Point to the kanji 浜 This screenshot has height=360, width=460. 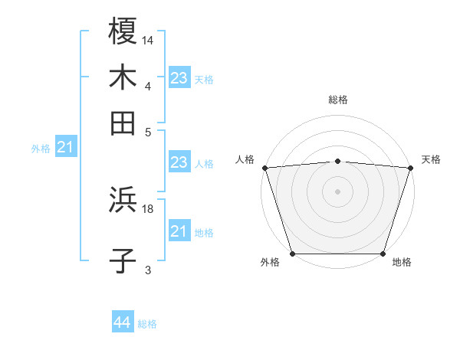123,201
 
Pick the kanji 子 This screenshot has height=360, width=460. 123,260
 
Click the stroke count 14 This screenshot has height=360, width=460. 149,39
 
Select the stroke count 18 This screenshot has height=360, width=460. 149,208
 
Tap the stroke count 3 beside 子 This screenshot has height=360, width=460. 148,270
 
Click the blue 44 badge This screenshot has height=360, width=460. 123,322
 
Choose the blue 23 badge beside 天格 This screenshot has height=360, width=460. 179,78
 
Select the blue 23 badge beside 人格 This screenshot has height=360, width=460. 179,162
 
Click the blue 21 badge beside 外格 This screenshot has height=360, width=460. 65,147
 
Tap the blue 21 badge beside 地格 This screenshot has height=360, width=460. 179,231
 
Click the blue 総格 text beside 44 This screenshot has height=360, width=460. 147,324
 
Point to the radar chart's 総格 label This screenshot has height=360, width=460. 337,100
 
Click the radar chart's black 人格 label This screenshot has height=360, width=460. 245,159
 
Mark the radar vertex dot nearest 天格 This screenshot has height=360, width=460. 410,168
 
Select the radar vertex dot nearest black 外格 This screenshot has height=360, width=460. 293,254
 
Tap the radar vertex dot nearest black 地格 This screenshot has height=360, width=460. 383,254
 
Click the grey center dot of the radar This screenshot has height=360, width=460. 337,191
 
